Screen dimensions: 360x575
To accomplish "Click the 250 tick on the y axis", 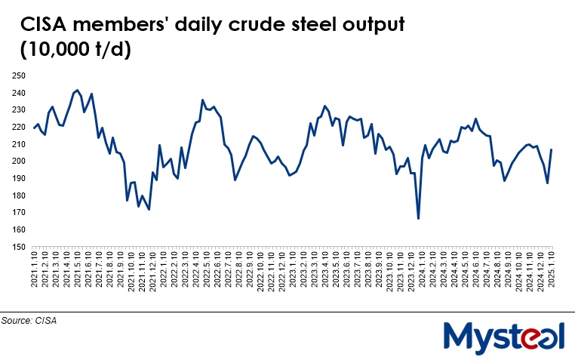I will coord(17,76).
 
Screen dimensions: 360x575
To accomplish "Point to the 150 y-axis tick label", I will coord(17,247).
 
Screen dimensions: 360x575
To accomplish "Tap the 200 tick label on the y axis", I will coord(17,162).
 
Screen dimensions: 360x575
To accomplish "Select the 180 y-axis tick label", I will coord(17,195).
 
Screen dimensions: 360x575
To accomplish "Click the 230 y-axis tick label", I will coord(17,110).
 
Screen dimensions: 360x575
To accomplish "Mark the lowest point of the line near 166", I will coord(418,219).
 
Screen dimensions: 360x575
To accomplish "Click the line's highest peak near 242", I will coord(77,90).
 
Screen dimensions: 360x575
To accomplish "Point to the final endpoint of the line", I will coord(552,149).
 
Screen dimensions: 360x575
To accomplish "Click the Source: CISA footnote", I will coord(29,321).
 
